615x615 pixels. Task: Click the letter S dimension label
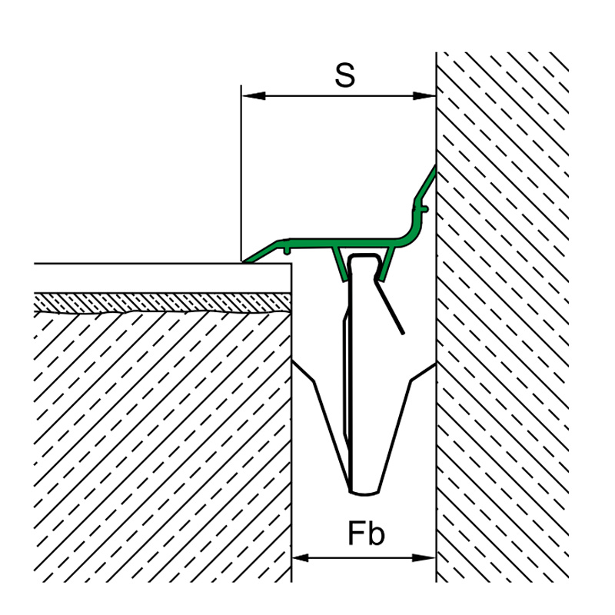point(344,75)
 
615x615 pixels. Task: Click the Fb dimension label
point(367,534)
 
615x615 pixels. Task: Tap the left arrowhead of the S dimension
point(254,95)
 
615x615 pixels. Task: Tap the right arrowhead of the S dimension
point(424,95)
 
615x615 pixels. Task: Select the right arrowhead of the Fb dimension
point(424,557)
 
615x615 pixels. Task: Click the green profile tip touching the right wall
point(434,168)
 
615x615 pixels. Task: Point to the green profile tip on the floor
point(244,261)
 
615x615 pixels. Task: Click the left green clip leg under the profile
point(340,264)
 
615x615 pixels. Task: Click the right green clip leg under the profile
point(387,264)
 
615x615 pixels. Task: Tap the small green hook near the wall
point(424,209)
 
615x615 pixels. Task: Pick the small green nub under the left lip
point(287,251)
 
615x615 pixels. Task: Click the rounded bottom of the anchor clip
point(364,493)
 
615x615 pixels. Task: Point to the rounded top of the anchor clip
point(364,256)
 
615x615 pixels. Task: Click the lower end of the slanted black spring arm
point(402,333)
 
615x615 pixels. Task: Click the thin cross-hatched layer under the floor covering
point(162,302)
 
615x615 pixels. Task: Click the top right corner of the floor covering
point(291,264)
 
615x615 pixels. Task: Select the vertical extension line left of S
point(241,172)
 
